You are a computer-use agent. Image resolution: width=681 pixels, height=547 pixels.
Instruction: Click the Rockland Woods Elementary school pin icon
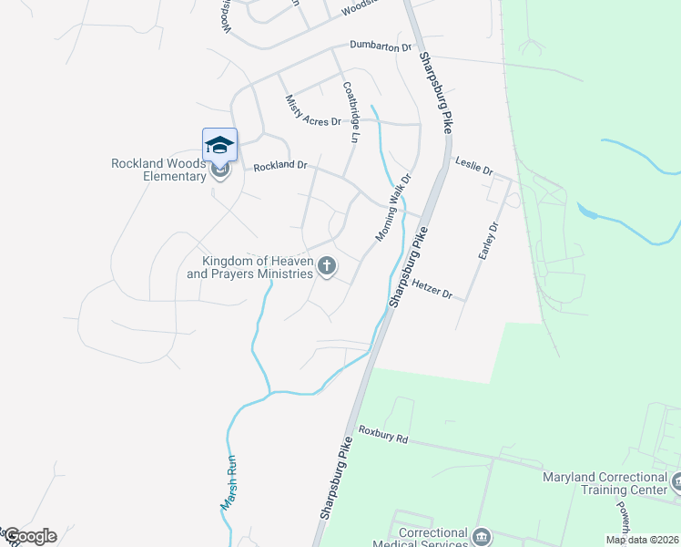click(x=219, y=145)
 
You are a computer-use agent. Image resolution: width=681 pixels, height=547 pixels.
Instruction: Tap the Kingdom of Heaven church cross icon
click(x=327, y=266)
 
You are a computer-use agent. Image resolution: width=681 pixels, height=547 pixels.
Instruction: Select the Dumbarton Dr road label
click(x=381, y=46)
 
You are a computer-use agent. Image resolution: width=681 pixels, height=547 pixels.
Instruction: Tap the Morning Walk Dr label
click(x=394, y=209)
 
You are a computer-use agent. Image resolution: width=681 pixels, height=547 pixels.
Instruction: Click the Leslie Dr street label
click(x=474, y=170)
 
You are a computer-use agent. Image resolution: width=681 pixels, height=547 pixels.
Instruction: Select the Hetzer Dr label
click(x=432, y=289)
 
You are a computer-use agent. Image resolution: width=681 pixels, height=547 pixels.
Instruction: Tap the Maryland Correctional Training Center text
click(x=605, y=483)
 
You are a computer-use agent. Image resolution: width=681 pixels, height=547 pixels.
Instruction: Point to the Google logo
click(x=30, y=536)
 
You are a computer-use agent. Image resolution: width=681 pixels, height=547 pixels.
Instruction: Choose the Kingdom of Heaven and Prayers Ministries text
click(x=250, y=266)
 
